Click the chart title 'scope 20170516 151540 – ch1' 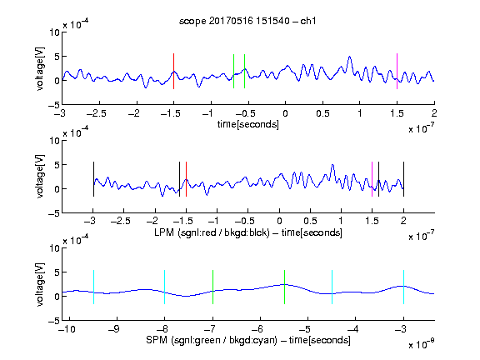[x=247, y=21]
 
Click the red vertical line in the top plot [x=173, y=72]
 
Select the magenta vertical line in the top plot [x=397, y=72]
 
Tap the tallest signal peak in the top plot [x=350, y=57]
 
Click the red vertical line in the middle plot [x=186, y=179]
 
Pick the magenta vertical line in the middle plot [x=372, y=179]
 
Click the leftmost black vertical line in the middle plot [x=93, y=179]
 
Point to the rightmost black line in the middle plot [x=404, y=179]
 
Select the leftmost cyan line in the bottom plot [x=93, y=287]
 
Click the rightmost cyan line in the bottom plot [x=404, y=287]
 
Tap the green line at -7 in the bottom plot [x=212, y=287]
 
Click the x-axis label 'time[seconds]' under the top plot [x=248, y=125]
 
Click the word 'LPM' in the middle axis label [x=164, y=232]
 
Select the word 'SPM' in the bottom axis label [x=157, y=340]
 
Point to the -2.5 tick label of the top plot [x=97, y=113]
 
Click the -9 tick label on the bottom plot [x=114, y=329]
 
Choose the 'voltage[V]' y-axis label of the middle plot [x=40, y=177]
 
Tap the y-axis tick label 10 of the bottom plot [x=55, y=248]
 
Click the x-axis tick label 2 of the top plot [x=434, y=113]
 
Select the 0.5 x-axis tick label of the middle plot [x=310, y=221]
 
